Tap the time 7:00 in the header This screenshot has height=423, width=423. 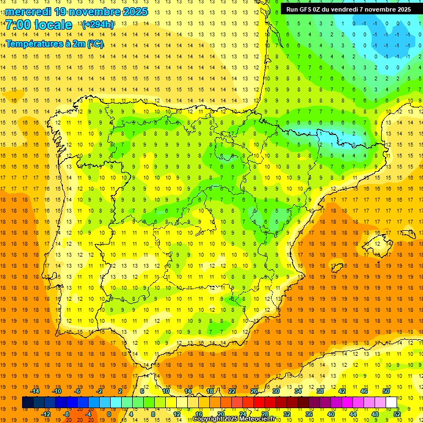[20, 25]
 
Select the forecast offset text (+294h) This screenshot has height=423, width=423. [98, 25]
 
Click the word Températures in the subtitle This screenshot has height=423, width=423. [34, 43]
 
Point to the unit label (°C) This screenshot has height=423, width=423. [95, 43]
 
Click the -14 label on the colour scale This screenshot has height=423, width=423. [35, 391]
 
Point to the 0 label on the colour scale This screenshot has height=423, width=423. [109, 414]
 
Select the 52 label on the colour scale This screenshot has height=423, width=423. [397, 414]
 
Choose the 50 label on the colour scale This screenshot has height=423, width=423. [386, 391]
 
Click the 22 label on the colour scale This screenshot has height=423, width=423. [232, 391]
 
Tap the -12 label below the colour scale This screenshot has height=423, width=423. [46, 414]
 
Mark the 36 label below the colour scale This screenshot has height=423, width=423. [309, 414]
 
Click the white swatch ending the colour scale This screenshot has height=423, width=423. [391, 403]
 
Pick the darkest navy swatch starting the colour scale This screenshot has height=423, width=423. [28, 403]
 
